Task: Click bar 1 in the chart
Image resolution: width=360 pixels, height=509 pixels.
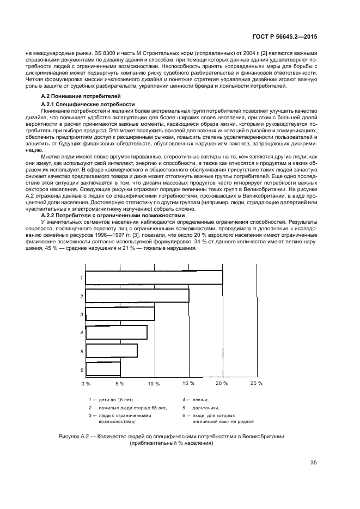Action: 154,277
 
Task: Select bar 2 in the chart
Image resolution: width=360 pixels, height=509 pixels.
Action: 137,296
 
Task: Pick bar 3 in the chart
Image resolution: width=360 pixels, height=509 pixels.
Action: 120,314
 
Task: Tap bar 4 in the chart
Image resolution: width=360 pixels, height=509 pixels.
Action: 117,333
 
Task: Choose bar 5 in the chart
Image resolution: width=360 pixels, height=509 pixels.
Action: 112,351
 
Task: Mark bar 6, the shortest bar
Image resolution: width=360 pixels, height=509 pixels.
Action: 103,369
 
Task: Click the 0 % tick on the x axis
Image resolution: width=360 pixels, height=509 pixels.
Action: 86,384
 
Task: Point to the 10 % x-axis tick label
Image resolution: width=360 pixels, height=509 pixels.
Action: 154,384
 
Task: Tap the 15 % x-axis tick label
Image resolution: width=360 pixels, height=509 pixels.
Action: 188,384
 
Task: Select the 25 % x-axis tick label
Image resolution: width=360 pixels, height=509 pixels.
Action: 256,384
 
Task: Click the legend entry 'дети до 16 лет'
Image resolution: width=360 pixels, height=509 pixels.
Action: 117,400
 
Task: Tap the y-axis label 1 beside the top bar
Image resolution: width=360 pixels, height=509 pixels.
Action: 81,278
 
